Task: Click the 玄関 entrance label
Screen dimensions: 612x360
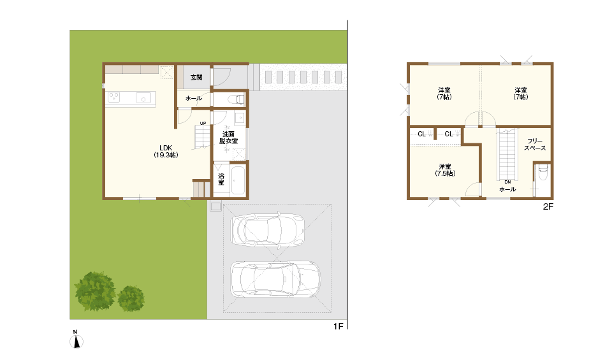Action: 196,77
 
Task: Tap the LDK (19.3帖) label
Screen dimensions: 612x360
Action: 166,152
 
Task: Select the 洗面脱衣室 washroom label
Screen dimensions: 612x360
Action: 228,138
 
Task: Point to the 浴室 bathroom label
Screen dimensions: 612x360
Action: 221,179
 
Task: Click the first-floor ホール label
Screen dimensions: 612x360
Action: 194,98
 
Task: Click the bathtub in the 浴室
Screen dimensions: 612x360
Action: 238,180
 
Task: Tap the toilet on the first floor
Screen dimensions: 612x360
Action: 236,99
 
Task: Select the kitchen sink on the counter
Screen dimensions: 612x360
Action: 143,97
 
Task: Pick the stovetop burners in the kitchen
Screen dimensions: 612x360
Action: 113,97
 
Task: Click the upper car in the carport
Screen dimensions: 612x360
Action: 267,229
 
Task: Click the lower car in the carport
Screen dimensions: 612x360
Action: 275,279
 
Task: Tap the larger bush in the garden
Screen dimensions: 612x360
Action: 95,291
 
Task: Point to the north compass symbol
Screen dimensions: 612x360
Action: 76,340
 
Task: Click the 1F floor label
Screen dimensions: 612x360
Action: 338,326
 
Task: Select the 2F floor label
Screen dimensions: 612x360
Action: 548,206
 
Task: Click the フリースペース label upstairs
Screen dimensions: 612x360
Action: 535,144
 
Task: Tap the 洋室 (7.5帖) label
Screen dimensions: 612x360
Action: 445,170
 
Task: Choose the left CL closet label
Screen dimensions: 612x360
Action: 421,134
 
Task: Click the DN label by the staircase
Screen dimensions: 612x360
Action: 507,182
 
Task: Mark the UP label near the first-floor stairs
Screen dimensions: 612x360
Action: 203,123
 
